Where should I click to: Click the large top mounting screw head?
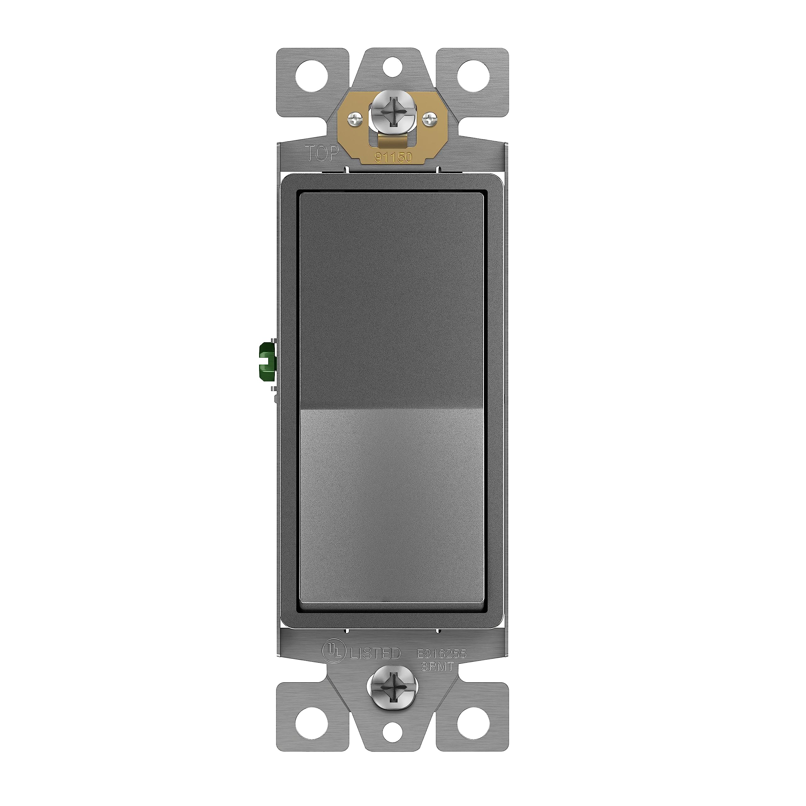pos(391,118)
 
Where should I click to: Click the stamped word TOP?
pos(322,154)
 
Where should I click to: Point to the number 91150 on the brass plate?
pos(393,157)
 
